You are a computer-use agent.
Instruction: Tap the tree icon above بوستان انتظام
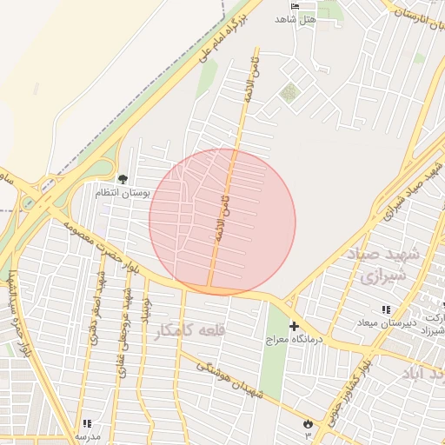click(x=122, y=179)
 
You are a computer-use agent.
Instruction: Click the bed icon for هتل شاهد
click(x=295, y=6)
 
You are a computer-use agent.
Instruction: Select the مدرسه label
click(x=88, y=435)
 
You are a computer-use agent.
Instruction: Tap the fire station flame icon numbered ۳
click(x=307, y=422)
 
